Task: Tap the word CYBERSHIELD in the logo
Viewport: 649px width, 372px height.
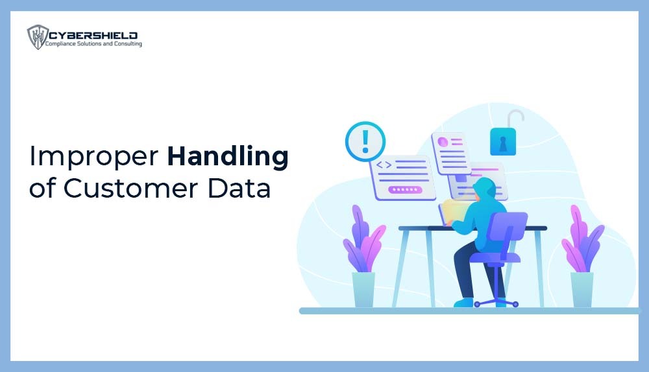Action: (x=91, y=34)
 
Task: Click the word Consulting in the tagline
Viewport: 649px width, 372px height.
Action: (x=126, y=44)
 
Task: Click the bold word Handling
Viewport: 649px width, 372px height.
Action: (x=227, y=158)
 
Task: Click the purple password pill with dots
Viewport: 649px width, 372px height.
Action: (x=406, y=189)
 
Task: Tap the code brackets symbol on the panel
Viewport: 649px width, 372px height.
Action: (x=384, y=165)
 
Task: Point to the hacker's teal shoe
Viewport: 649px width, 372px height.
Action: (x=464, y=302)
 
